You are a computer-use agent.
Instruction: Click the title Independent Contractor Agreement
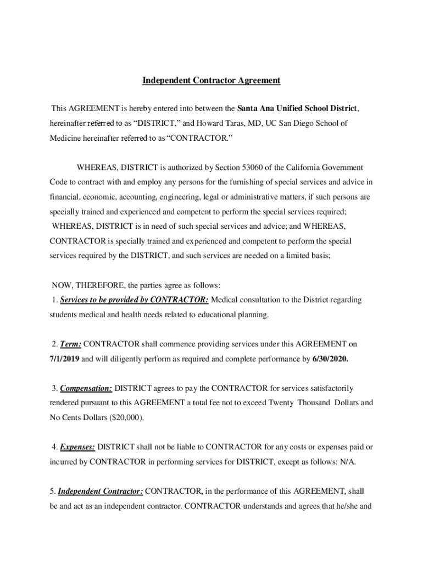point(211,80)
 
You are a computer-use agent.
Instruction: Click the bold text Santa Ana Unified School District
point(297,108)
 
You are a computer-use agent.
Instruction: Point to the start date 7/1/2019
point(68,359)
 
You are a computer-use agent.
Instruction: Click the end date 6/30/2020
point(330,359)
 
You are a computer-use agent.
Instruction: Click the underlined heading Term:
point(71,344)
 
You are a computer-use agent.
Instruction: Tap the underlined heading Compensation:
point(86,388)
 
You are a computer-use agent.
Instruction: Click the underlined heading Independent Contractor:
point(101,491)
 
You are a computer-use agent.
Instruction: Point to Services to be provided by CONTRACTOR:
point(134,300)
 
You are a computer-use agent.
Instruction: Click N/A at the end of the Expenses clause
point(347,462)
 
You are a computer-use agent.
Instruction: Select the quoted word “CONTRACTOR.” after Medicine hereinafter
point(200,138)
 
